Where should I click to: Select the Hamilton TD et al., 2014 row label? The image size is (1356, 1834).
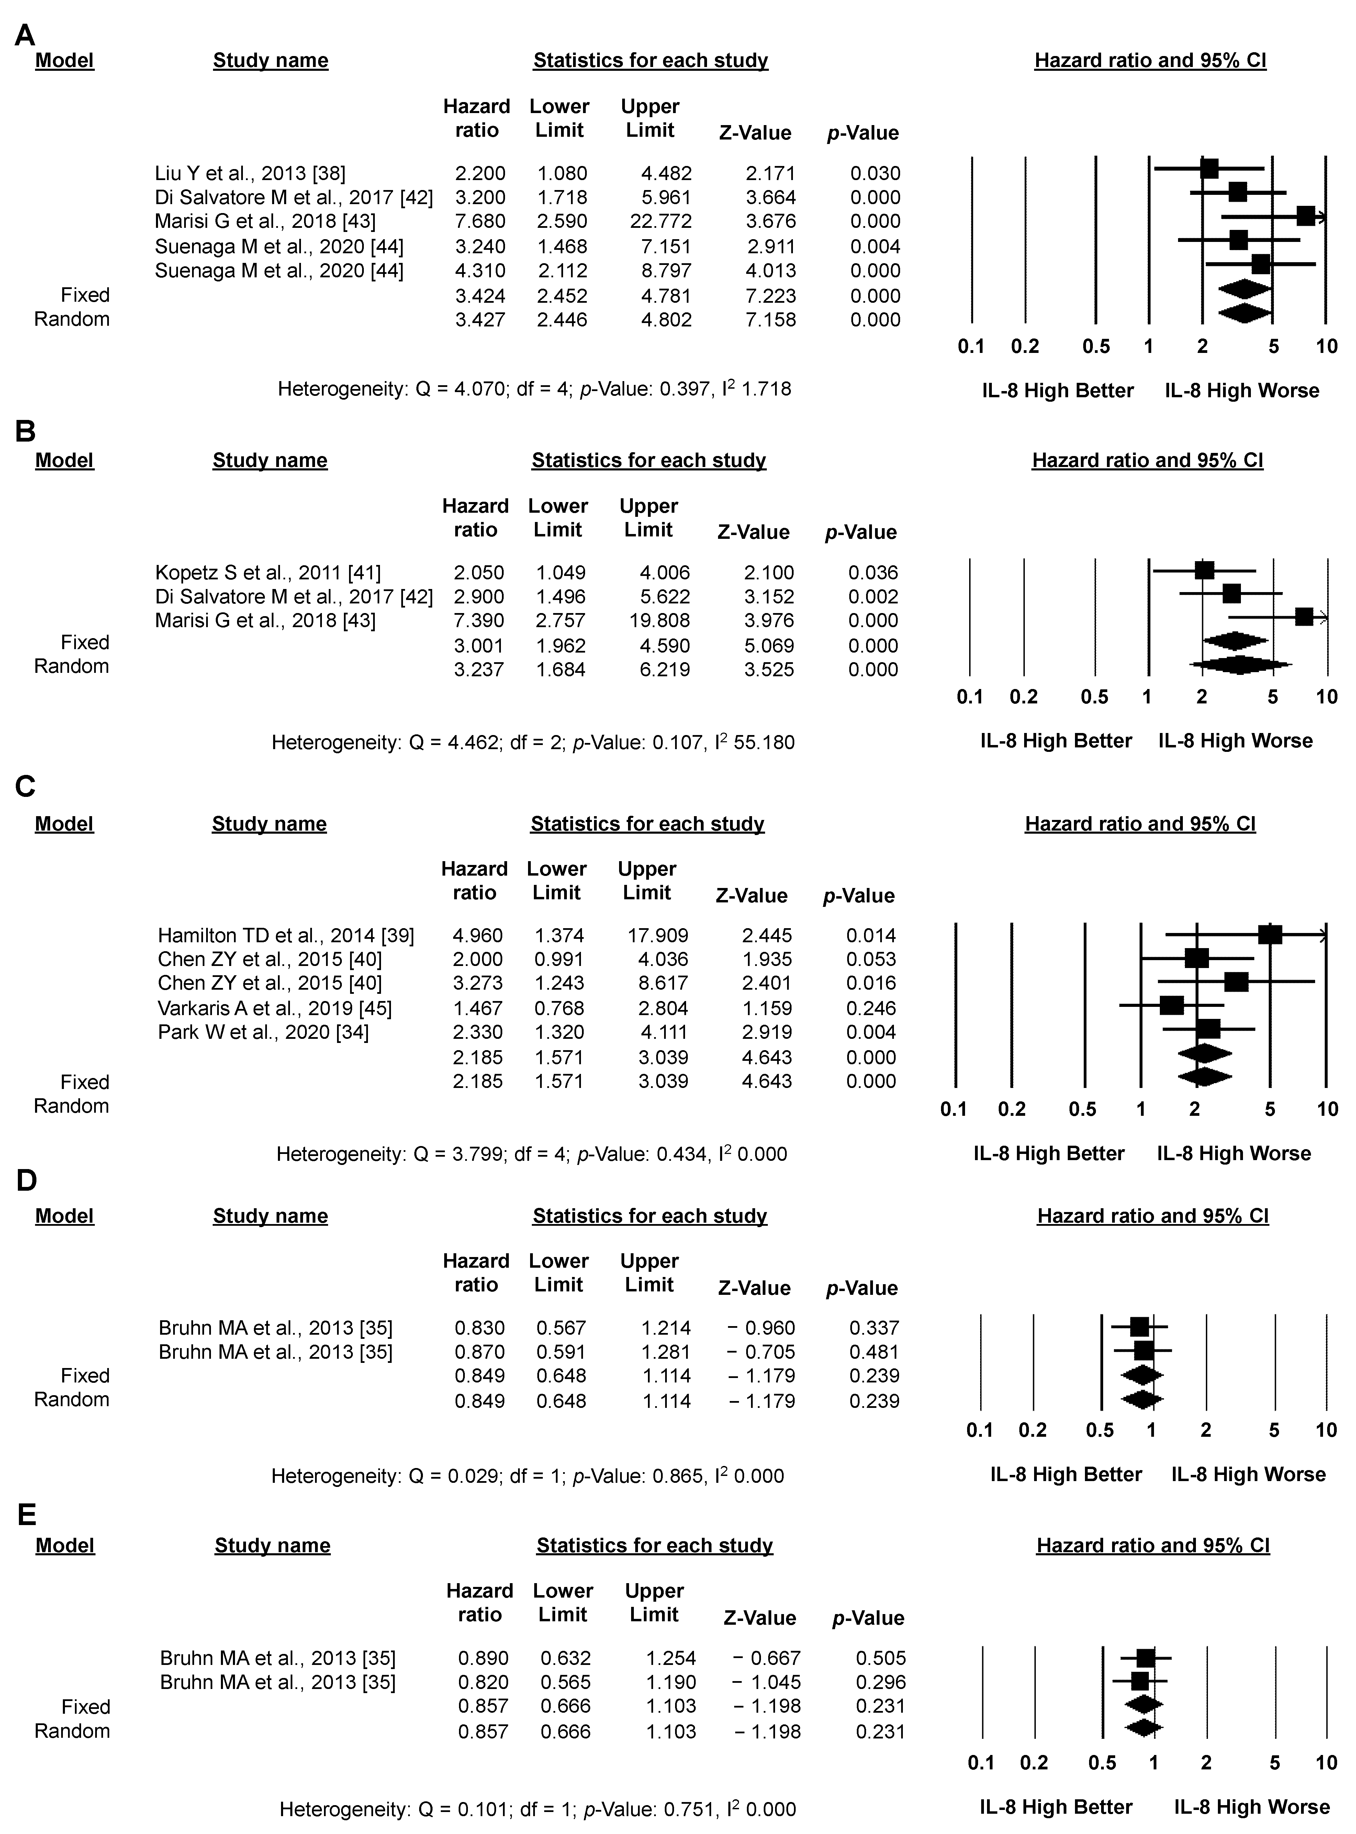click(285, 935)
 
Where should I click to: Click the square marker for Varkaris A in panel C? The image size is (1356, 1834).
click(1172, 1005)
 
